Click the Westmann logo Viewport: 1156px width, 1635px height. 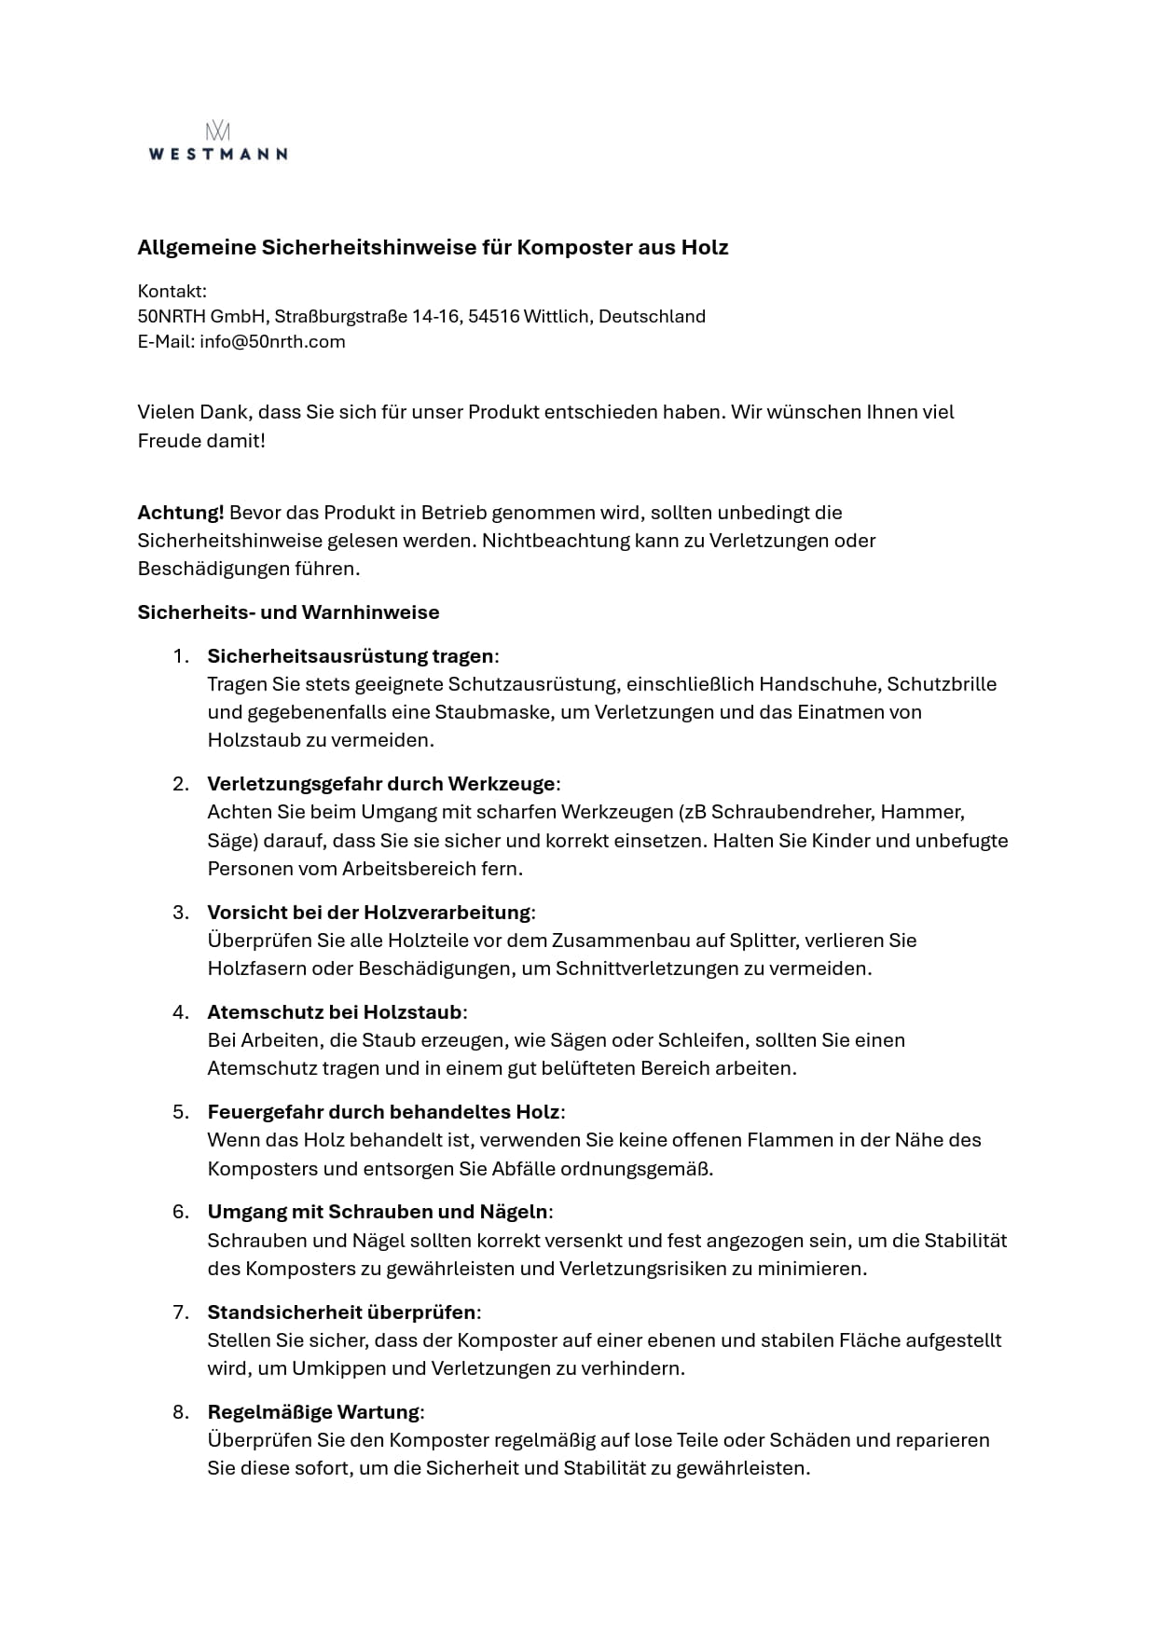217,143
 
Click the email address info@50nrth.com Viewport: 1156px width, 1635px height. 272,341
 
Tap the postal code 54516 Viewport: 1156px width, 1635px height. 493,316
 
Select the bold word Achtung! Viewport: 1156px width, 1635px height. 181,512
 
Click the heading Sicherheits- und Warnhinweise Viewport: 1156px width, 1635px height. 288,612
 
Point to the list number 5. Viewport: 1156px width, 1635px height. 181,1111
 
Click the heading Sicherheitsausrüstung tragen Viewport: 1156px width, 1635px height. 351,655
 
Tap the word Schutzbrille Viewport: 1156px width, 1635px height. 942,683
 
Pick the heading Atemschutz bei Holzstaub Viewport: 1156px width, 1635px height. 335,1011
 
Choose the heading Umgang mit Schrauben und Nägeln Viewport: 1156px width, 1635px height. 378,1212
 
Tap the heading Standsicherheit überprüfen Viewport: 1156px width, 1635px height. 341,1312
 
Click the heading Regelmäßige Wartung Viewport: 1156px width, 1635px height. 313,1411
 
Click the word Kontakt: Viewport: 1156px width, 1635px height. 172,291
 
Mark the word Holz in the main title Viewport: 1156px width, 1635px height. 704,248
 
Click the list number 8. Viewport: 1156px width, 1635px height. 181,1411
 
